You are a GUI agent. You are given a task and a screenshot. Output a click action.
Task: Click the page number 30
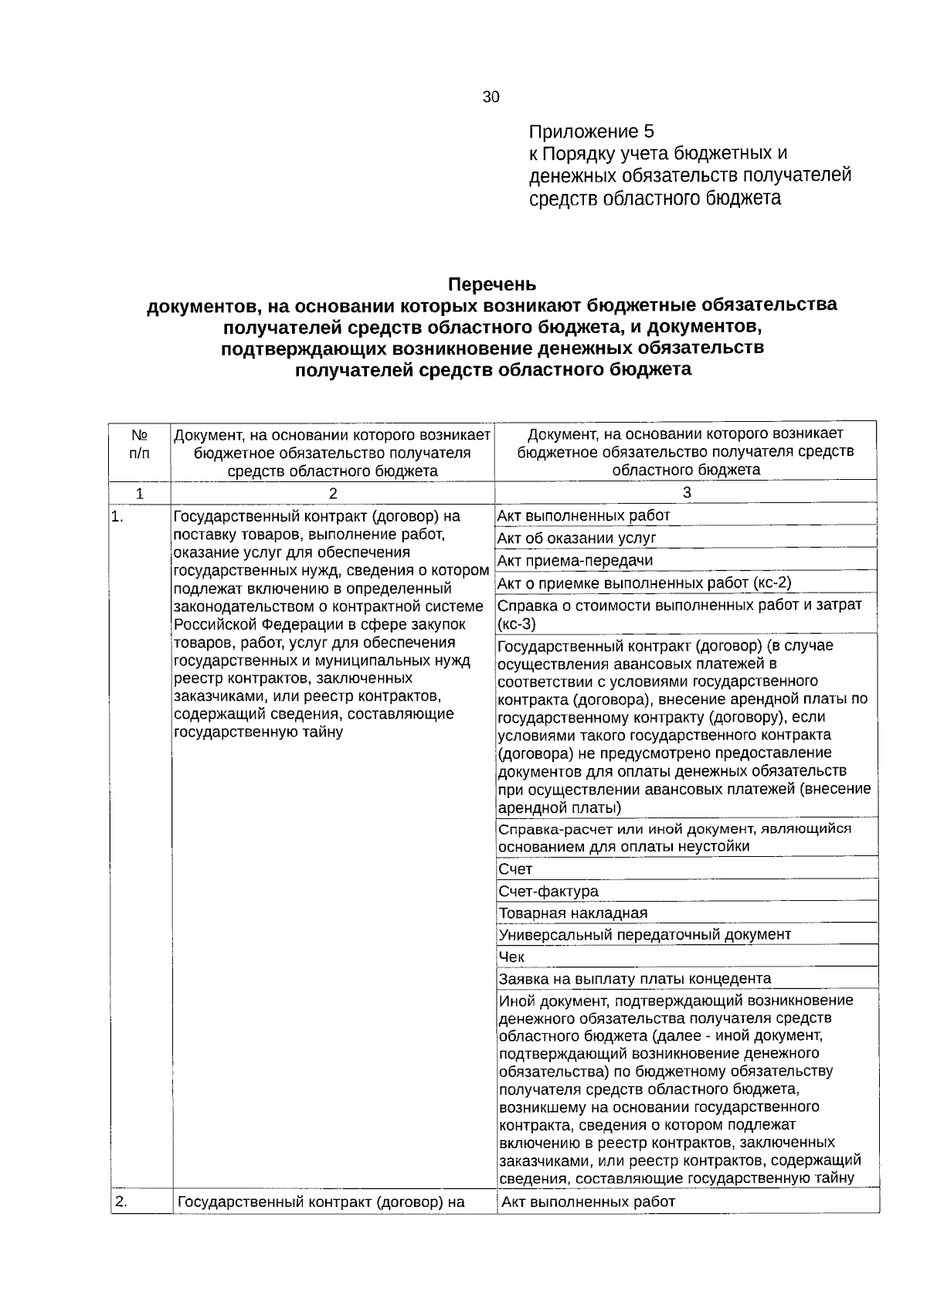(491, 97)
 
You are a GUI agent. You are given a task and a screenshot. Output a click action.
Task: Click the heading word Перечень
(492, 284)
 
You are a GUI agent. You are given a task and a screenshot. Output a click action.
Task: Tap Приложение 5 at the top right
(592, 131)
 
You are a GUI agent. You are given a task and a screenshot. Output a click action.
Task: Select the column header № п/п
(140, 444)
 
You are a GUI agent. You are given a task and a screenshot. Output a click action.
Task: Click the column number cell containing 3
(687, 492)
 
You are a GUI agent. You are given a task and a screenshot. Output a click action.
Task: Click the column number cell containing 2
(333, 493)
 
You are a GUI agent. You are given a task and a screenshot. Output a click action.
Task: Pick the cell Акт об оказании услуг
(576, 538)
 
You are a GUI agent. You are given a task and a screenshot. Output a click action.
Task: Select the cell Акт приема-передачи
(575, 560)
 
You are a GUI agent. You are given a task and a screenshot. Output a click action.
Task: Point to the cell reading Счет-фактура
(548, 891)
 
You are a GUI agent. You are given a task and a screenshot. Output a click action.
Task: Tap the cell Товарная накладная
(572, 913)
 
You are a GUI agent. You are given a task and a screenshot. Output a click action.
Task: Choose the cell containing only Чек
(511, 957)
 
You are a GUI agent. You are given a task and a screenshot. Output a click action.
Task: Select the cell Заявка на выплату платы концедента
(634, 978)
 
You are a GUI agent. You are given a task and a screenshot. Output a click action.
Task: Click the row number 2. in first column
(121, 1201)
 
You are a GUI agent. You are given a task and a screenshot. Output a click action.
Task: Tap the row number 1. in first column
(117, 518)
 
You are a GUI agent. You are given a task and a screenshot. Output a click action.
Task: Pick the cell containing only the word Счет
(515, 868)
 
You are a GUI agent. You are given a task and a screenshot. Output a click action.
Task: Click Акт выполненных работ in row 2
(589, 1202)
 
